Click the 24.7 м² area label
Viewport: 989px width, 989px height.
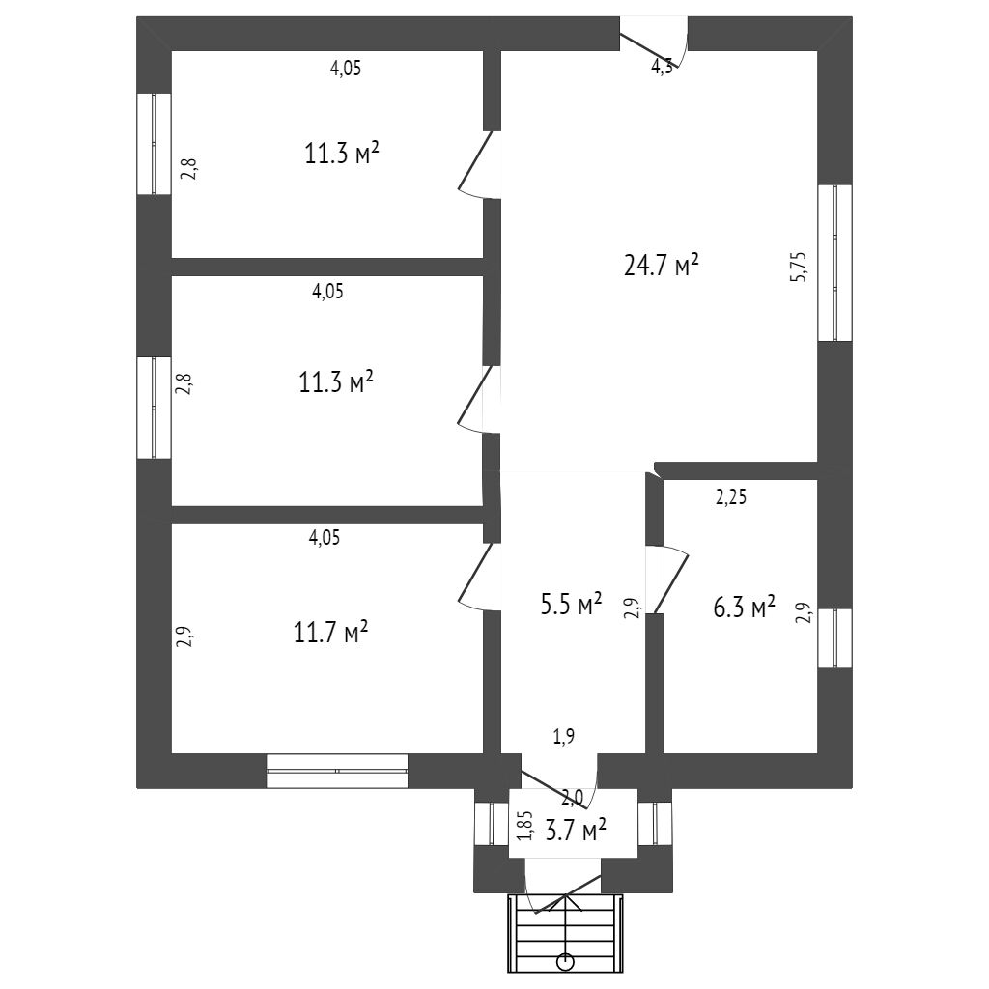(661, 266)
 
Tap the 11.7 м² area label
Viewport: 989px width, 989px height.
(330, 633)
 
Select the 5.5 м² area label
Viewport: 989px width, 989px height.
(570, 606)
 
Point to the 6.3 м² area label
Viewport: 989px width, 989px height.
(743, 608)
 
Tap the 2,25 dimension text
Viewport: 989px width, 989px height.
(731, 498)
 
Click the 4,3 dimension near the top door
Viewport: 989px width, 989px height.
(662, 67)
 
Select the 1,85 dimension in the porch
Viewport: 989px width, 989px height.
(524, 826)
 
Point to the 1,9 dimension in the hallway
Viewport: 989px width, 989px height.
(564, 737)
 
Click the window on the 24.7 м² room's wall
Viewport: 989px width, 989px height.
(834, 263)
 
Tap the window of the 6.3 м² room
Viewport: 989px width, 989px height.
(834, 637)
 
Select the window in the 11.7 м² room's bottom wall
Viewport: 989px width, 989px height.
(337, 771)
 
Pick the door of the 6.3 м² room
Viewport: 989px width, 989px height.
(668, 579)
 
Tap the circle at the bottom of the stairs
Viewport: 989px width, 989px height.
(565, 962)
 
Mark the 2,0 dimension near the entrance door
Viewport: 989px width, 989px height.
(572, 798)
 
